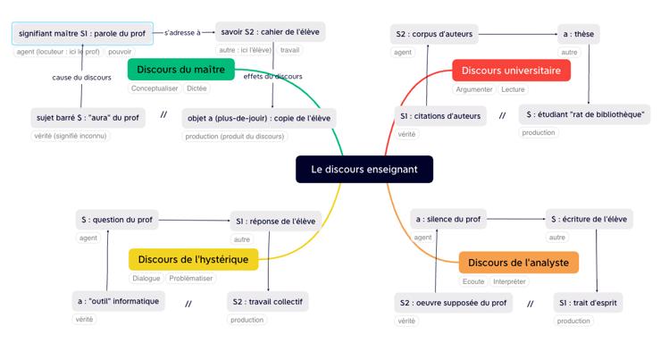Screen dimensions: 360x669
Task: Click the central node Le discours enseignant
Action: [364, 169]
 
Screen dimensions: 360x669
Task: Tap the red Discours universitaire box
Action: [510, 70]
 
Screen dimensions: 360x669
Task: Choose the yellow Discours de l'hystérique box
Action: [194, 259]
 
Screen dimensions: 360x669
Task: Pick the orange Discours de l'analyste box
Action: [518, 263]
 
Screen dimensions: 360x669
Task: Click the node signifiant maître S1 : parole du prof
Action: [82, 33]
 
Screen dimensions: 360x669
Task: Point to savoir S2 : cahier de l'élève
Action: [270, 32]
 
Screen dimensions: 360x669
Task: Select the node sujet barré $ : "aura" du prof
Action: [88, 117]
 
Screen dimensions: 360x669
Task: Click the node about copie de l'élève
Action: [258, 117]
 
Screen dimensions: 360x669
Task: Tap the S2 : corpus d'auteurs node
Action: [434, 34]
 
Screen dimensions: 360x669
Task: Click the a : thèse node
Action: [578, 34]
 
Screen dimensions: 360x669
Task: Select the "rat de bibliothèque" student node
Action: [584, 114]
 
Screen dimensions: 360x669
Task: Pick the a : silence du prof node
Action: [448, 219]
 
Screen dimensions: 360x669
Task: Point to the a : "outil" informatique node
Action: [119, 301]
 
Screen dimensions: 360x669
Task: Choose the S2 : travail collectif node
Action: [267, 302]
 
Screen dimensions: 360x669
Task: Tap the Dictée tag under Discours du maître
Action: [197, 88]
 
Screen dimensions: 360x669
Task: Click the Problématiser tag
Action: [191, 278]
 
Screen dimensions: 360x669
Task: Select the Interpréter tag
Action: [509, 281]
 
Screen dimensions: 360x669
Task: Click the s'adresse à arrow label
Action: [182, 33]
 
